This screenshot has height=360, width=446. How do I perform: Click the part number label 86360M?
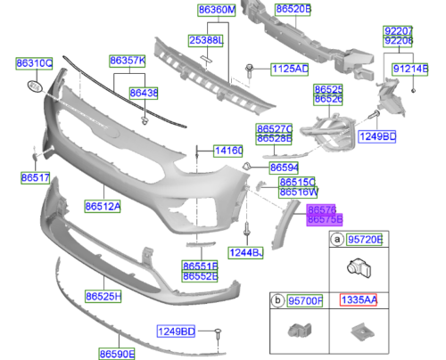(217, 10)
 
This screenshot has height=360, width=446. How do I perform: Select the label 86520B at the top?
(293, 10)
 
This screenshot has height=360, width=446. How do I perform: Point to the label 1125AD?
(290, 69)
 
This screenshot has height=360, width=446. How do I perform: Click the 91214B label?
(409, 68)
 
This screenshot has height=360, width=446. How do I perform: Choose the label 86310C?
(34, 63)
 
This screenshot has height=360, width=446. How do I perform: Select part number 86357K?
(128, 61)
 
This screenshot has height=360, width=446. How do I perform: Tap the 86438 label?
(144, 92)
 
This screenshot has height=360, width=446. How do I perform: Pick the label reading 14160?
(227, 151)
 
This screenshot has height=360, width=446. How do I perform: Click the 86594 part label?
(284, 167)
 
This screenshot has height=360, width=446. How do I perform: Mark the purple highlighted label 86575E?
(325, 217)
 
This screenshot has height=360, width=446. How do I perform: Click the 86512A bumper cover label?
(103, 206)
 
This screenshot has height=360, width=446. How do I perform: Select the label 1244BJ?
(246, 253)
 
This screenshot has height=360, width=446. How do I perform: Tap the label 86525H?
(103, 293)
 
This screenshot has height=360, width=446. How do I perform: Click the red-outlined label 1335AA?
(358, 302)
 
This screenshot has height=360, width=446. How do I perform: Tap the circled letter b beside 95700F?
(277, 302)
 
